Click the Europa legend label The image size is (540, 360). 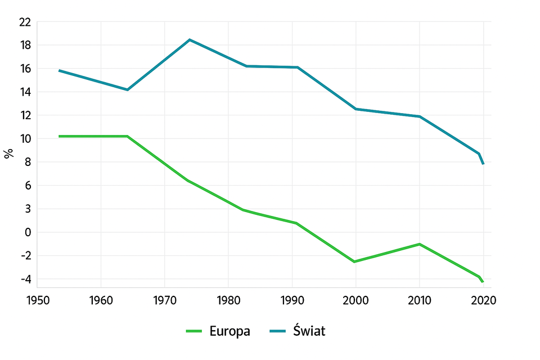(x=229, y=331)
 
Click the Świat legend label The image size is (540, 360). (x=309, y=331)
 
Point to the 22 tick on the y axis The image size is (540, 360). (x=24, y=21)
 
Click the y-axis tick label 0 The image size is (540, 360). (x=27, y=232)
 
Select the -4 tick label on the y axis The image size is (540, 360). (x=25, y=280)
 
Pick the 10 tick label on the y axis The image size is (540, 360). (x=24, y=139)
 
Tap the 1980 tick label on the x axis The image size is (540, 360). (x=228, y=301)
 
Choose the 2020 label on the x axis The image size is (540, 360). (x=483, y=301)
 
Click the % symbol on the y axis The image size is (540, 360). (x=8, y=154)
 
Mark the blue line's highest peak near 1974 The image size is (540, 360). (x=190, y=39)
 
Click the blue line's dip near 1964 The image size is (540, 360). (x=128, y=90)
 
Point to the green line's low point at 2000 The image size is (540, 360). (x=354, y=262)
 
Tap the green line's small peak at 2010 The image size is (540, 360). (x=419, y=244)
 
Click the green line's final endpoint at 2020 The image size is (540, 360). (x=483, y=282)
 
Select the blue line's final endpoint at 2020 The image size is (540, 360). (x=483, y=164)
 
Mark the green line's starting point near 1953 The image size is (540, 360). (x=59, y=136)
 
